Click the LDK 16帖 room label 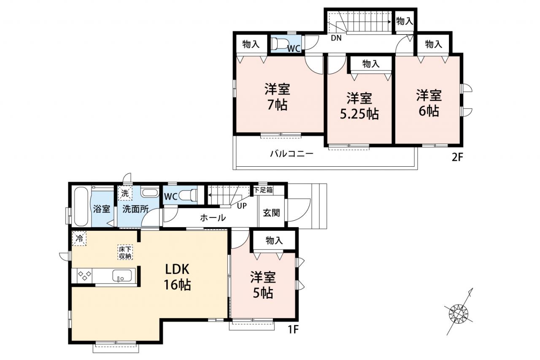[x=178, y=277]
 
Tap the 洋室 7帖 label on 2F [x=277, y=97]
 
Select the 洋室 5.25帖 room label [x=359, y=106]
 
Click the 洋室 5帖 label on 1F [x=263, y=285]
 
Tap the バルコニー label [x=292, y=154]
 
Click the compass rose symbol [x=458, y=314]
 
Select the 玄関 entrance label [x=271, y=213]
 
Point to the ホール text [x=213, y=218]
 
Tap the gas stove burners [x=84, y=276]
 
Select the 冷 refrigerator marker [x=79, y=238]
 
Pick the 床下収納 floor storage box [x=125, y=252]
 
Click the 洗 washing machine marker [x=125, y=193]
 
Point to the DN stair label [x=336, y=38]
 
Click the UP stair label [x=242, y=206]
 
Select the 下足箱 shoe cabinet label [x=263, y=190]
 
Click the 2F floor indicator [x=457, y=157]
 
